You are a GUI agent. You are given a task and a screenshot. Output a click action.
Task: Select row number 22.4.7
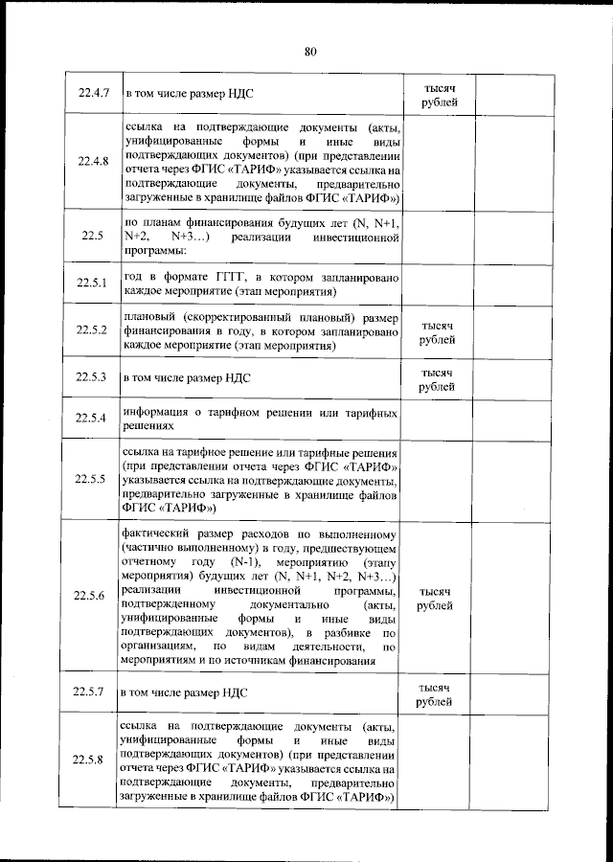click(x=93, y=94)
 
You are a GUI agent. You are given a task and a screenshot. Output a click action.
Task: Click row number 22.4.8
click(x=93, y=161)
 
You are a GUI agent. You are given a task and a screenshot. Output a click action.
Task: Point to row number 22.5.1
click(x=93, y=284)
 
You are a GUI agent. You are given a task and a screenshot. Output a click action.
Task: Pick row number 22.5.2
click(x=93, y=330)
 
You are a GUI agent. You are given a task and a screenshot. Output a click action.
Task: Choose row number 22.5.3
click(x=93, y=377)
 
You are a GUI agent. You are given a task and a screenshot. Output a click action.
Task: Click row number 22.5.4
click(x=93, y=419)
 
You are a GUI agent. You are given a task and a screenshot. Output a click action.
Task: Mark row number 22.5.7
click(x=93, y=690)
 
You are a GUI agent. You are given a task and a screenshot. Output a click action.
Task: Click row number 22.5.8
click(x=93, y=760)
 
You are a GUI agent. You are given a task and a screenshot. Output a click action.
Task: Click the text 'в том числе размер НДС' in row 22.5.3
click(x=187, y=378)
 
